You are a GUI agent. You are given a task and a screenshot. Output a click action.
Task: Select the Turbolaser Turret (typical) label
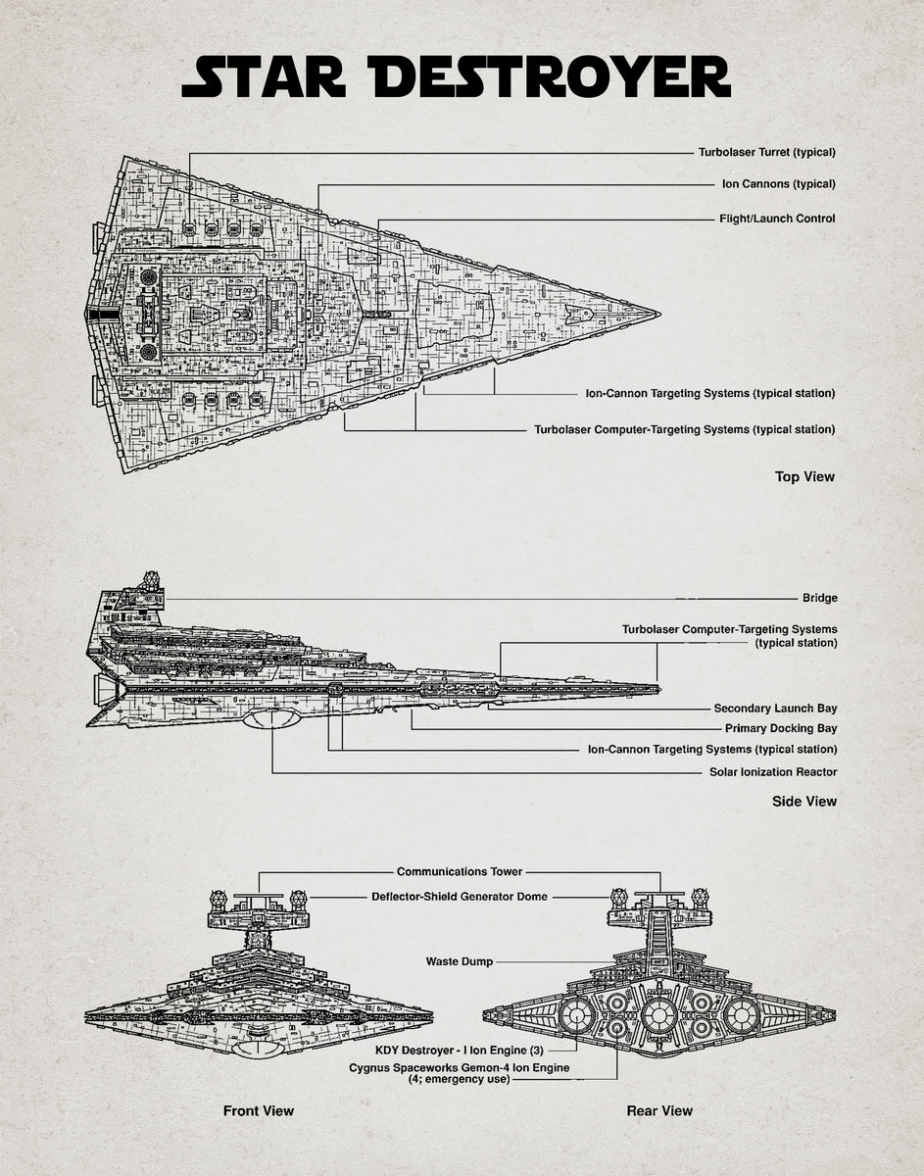(766, 152)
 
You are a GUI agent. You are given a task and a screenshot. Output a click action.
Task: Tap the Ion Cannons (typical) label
(778, 184)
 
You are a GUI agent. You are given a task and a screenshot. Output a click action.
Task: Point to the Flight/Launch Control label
(777, 219)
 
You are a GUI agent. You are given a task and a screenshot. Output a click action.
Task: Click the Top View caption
(804, 477)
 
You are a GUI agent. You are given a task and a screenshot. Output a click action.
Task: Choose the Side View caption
(803, 802)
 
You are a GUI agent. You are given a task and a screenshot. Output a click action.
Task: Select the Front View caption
(259, 1110)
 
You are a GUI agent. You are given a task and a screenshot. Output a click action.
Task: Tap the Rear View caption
(659, 1110)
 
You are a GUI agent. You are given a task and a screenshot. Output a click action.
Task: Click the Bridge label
(819, 598)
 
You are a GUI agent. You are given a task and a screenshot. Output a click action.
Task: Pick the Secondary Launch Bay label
(775, 709)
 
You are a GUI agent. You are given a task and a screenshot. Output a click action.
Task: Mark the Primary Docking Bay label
(781, 729)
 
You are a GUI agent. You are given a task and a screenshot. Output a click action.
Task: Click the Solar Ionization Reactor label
(773, 772)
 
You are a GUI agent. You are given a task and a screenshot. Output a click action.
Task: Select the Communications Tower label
(460, 871)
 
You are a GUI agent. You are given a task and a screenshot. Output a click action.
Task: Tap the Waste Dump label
(459, 961)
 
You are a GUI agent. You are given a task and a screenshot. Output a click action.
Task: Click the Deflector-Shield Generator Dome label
(460, 897)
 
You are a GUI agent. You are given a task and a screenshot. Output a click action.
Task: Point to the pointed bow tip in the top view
(657, 315)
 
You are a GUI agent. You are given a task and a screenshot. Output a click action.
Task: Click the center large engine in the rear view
(658, 1014)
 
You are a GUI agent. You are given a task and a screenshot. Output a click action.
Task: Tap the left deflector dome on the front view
(219, 898)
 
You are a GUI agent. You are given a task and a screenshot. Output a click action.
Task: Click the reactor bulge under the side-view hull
(271, 719)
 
